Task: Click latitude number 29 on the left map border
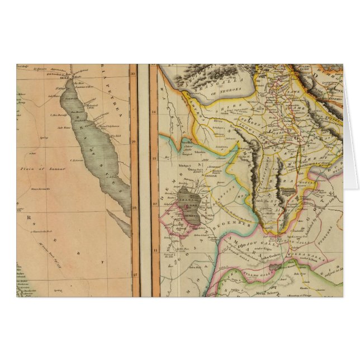point(133,142)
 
